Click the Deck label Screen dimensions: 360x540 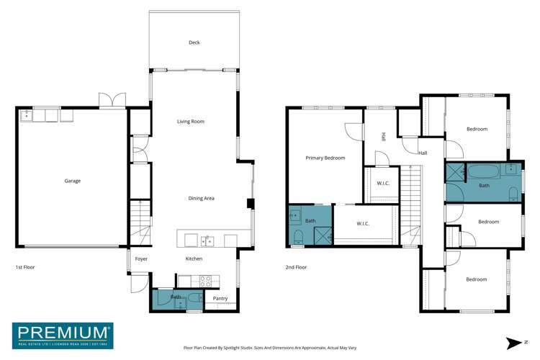(194, 42)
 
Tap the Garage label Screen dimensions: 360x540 (72, 181)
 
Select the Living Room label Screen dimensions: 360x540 (191, 122)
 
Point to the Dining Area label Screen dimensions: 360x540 (201, 198)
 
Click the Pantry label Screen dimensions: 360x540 (220, 297)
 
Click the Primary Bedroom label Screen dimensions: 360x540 (325, 158)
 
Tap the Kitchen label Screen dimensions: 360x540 (194, 258)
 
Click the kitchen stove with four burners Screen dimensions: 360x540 (204, 280)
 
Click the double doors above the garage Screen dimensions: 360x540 (112, 101)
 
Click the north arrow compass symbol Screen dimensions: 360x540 (512, 342)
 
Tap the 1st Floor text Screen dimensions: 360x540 (25, 267)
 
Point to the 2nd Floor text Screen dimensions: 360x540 (296, 267)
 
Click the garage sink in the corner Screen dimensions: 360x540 (26, 114)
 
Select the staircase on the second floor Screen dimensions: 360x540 (410, 204)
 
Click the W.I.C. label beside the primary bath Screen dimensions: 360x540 (363, 223)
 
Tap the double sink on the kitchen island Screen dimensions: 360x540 (207, 240)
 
